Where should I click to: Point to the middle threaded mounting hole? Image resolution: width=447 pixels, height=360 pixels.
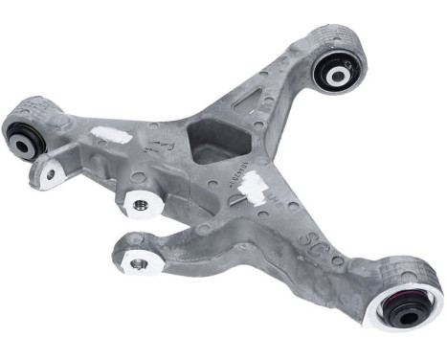(x=140, y=203)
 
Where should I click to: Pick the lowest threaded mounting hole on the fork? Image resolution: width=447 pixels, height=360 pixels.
(x=139, y=262)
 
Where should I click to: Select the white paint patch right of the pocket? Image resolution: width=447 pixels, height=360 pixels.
(x=254, y=188)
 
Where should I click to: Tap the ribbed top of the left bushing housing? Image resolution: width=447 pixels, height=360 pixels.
(x=29, y=110)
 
